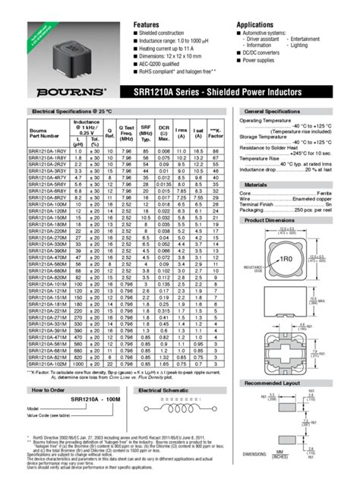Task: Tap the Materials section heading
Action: [256, 184]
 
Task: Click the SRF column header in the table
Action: [145, 134]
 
